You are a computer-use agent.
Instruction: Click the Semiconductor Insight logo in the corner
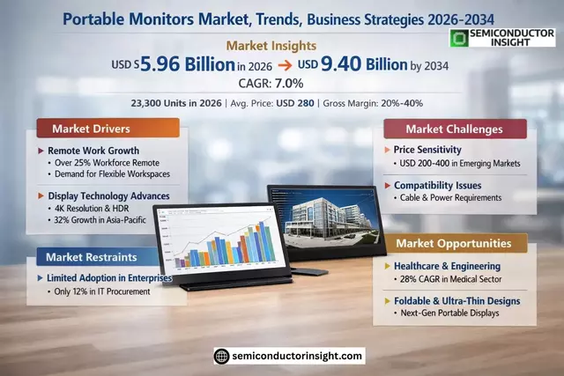tap(503, 38)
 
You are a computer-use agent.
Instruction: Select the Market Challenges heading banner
tap(455, 129)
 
